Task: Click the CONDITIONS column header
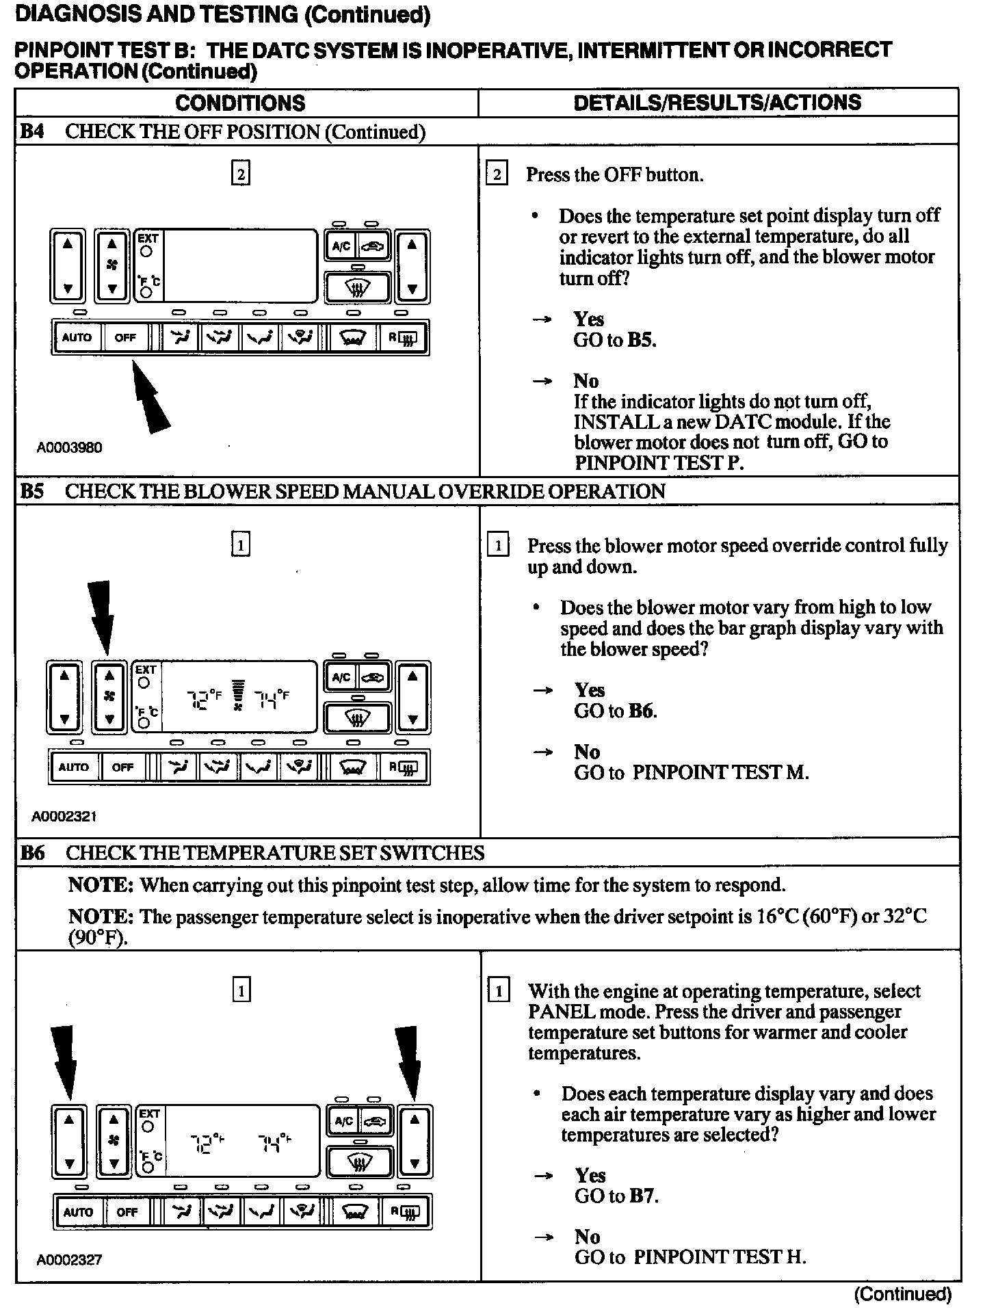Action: tap(240, 103)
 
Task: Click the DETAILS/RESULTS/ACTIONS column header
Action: tap(718, 103)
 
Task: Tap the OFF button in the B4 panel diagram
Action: tap(125, 337)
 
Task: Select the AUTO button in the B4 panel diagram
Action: tap(77, 337)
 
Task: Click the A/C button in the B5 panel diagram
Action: tap(341, 678)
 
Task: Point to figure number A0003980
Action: tap(69, 447)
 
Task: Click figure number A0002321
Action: tap(64, 816)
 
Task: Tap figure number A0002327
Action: tap(69, 1260)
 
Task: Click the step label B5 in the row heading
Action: tap(31, 491)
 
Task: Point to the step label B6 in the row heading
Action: tap(32, 853)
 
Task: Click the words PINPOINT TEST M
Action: tap(720, 773)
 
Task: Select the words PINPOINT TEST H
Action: tap(720, 1257)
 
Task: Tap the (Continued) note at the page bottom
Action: tap(902, 1293)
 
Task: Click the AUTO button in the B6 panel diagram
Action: tap(78, 1213)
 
